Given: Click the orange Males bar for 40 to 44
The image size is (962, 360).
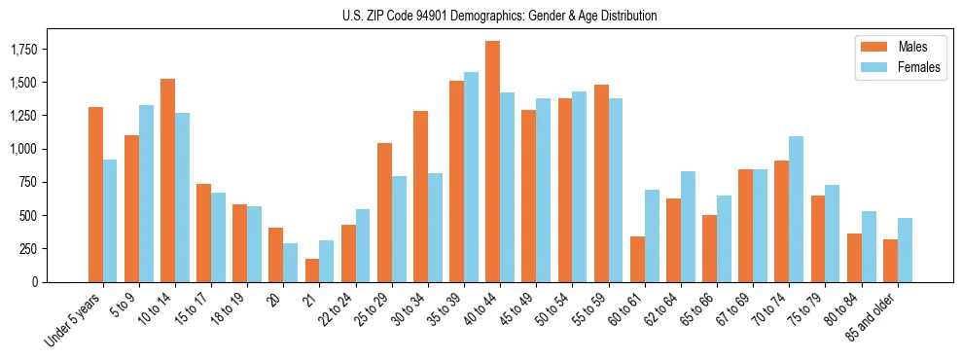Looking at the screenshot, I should (x=492, y=162).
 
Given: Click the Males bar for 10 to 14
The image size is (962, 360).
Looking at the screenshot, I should (x=167, y=180).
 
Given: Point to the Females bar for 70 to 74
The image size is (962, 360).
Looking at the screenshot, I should (x=796, y=209).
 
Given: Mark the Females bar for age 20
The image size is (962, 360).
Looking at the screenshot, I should (x=291, y=263).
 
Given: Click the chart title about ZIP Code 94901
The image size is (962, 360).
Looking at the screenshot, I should (x=499, y=16).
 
